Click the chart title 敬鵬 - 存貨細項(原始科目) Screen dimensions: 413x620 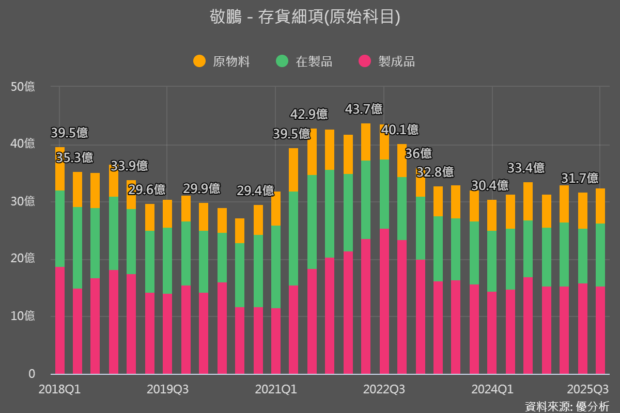click(305, 17)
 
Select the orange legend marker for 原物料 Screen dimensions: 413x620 click(199, 61)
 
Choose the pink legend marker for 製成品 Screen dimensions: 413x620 click(365, 61)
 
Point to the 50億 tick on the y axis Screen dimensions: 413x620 click(23, 87)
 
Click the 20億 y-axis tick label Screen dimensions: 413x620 click(23, 259)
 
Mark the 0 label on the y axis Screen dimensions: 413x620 click(32, 374)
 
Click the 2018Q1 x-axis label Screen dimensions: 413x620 click(59, 389)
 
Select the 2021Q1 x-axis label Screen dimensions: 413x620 click(276, 389)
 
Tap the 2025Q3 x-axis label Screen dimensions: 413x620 click(587, 389)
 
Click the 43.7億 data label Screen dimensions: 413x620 click(364, 109)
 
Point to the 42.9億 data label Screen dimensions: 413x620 click(309, 114)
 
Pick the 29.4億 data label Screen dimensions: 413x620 click(255, 190)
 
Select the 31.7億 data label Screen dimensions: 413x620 click(580, 178)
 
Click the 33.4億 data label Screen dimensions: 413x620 click(526, 168)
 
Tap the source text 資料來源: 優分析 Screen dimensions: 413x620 click(566, 406)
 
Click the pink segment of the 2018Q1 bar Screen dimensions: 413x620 click(60, 320)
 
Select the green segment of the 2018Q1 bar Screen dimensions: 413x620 click(60, 229)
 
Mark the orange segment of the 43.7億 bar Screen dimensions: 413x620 click(366, 142)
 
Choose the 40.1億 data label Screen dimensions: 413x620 click(400, 130)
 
